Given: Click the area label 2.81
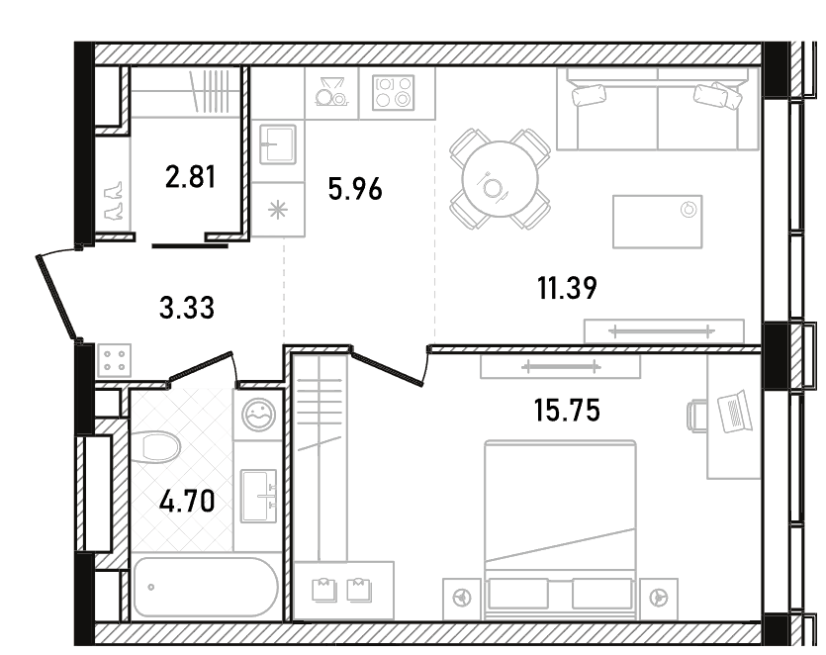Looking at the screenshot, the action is pyautogui.click(x=190, y=177).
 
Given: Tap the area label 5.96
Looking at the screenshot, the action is pyautogui.click(x=355, y=189).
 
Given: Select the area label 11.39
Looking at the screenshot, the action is pyautogui.click(x=567, y=288).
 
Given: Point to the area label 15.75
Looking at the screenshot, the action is pyautogui.click(x=567, y=410).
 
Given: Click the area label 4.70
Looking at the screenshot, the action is pyautogui.click(x=187, y=501).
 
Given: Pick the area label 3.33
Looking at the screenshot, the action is pyautogui.click(x=187, y=308).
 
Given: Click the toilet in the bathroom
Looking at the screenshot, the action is pyautogui.click(x=155, y=447).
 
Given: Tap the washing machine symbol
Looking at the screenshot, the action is pyautogui.click(x=258, y=415).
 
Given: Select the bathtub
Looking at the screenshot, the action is pyautogui.click(x=206, y=587).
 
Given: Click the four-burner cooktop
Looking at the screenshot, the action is pyautogui.click(x=393, y=93).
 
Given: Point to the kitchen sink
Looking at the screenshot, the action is pyautogui.click(x=278, y=143).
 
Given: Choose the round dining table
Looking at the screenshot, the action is pyautogui.click(x=500, y=179).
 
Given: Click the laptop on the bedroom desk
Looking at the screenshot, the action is pyautogui.click(x=735, y=411).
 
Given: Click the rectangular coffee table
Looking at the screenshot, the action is pyautogui.click(x=658, y=222).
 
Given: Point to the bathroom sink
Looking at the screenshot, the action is pyautogui.click(x=258, y=496).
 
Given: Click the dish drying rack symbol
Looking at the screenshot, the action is pyautogui.click(x=330, y=92).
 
